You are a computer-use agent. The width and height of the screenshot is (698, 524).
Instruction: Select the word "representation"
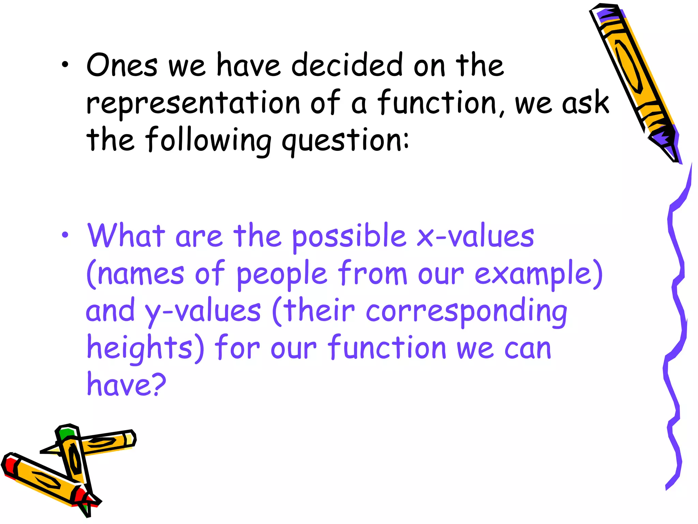[193, 103]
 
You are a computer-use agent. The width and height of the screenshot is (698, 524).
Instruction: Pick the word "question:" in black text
[345, 141]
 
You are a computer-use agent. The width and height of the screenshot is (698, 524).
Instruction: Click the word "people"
[282, 274]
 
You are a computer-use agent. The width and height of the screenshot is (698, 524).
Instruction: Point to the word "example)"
[538, 274]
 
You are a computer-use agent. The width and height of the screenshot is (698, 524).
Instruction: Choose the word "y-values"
[203, 311]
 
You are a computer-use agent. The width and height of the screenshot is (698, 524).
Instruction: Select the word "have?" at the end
[126, 385]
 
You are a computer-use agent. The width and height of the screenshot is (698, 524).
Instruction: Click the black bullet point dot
[65, 65]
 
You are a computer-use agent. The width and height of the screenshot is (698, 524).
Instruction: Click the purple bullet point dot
[65, 235]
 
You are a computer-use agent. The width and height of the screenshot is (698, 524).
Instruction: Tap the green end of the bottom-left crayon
[66, 434]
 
